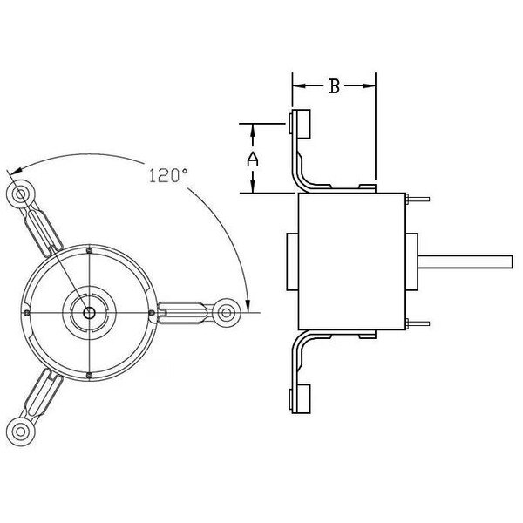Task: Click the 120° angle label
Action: click(x=168, y=175)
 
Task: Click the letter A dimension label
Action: click(x=253, y=158)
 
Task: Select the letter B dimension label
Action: click(x=333, y=85)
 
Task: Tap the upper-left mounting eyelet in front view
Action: click(x=19, y=193)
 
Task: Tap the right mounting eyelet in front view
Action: click(x=228, y=311)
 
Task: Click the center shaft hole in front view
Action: click(x=89, y=311)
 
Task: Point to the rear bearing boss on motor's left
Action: click(x=292, y=262)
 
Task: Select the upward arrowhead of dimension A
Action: click(x=253, y=130)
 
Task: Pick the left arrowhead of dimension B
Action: click(x=296, y=85)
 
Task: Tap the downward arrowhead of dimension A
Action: click(x=253, y=187)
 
